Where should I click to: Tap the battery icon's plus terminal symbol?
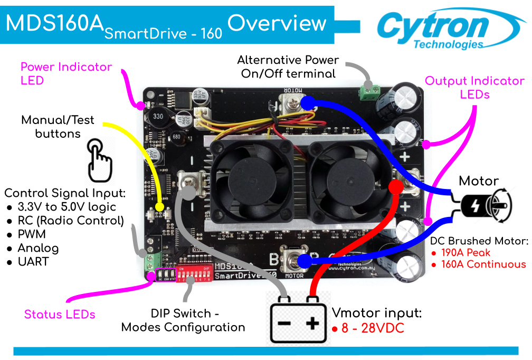click(312, 323)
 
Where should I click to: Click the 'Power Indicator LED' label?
click(66, 74)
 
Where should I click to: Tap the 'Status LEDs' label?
click(60, 315)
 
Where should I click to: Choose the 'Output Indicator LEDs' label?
click(474, 88)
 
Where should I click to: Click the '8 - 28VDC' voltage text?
click(373, 328)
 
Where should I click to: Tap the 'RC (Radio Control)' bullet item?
click(70, 221)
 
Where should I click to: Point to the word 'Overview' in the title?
click(277, 23)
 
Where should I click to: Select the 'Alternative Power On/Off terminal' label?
click(288, 67)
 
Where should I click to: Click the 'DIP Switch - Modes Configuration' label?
click(183, 321)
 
